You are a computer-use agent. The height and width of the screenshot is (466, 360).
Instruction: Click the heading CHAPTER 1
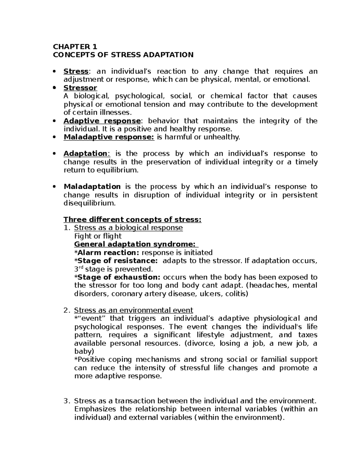[x=75, y=47]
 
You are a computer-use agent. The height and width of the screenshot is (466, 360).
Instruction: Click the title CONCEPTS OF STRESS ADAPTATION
[x=123, y=55]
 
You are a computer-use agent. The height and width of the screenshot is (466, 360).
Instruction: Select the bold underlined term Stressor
[x=80, y=88]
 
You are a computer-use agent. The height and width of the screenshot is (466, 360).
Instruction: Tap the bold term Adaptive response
[x=102, y=121]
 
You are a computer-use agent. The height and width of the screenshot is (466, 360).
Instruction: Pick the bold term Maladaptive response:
[x=109, y=137]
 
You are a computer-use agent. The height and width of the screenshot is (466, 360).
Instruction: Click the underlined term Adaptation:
[x=87, y=154]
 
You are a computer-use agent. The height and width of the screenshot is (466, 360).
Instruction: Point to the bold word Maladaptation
[x=92, y=187]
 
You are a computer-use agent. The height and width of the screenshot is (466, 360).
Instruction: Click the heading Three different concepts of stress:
[x=132, y=220]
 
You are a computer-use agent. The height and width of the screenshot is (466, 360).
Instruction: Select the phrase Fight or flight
[x=98, y=236]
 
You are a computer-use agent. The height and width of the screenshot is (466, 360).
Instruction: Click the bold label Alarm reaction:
[x=108, y=253]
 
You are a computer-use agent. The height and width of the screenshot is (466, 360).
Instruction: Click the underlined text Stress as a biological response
[x=128, y=228]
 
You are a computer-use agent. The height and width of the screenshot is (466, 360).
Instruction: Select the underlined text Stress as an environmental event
[x=133, y=310]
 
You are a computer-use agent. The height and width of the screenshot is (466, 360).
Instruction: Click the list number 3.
[x=67, y=401]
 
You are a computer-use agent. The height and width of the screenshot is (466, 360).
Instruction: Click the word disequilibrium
[x=89, y=203]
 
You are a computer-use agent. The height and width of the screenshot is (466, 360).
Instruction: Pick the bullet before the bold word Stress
[x=54, y=72]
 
